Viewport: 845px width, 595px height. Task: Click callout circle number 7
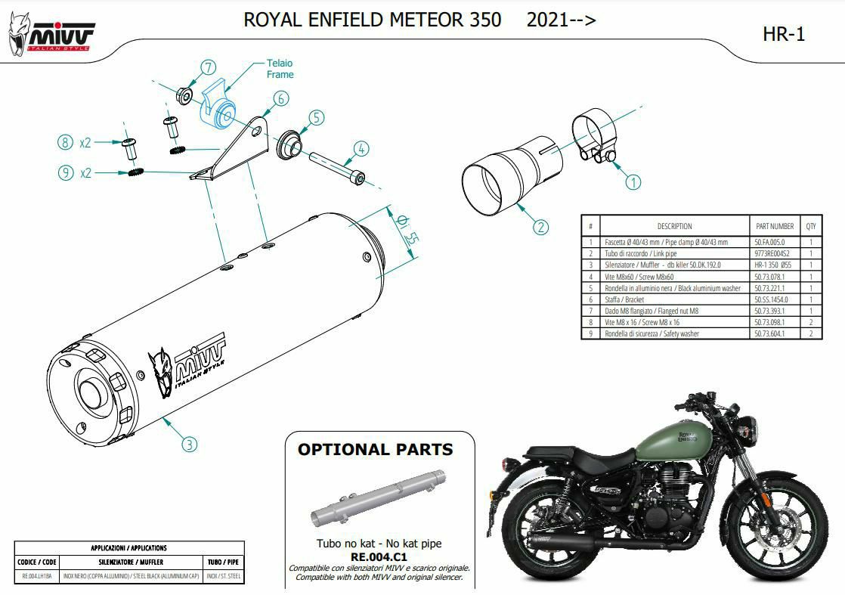[209, 67]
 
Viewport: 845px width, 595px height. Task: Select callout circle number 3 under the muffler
[190, 444]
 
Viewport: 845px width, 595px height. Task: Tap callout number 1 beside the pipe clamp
[633, 181]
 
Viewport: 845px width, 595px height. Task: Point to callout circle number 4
[362, 149]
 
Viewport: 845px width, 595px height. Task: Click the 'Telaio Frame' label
[279, 69]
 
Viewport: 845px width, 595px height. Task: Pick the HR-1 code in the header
[784, 34]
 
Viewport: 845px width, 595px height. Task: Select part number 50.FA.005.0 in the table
[769, 243]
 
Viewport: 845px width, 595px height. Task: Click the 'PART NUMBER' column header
[774, 226]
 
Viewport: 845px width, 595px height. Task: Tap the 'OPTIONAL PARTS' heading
[375, 450]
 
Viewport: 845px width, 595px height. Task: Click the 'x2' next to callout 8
[85, 143]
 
